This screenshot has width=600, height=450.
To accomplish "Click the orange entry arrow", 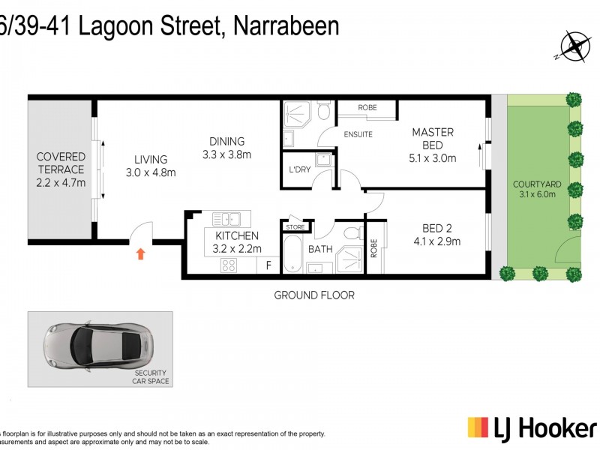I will tap(140, 254).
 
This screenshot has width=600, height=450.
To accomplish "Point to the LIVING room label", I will tap(151, 159).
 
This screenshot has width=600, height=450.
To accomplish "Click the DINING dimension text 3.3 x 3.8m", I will tap(226, 155).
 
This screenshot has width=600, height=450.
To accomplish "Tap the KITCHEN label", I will tap(232, 235).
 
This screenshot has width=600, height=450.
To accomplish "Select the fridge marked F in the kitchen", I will tap(268, 265).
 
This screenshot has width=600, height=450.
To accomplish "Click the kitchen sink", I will tap(226, 219).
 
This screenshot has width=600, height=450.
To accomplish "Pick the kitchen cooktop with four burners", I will tap(228, 265).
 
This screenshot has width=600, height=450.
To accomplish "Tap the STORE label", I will tap(295, 226).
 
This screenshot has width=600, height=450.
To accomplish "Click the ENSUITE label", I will tap(358, 134).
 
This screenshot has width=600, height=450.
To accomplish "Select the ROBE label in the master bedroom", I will tap(367, 108).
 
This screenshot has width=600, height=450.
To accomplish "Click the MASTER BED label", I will tap(433, 139).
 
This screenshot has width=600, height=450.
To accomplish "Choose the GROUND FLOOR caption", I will tap(313, 295).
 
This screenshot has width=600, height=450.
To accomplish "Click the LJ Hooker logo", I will tap(532, 428).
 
